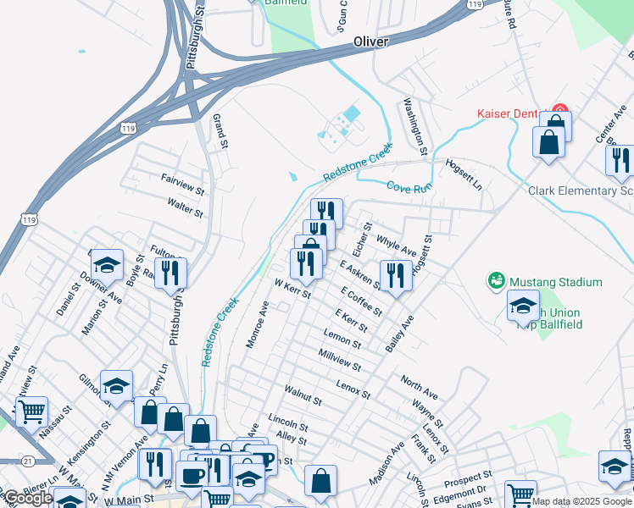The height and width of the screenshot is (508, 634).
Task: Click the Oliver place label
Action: [x=370, y=41]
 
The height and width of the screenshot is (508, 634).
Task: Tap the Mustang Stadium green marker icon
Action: [x=496, y=280]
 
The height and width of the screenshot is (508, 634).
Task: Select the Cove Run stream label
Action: [x=409, y=187]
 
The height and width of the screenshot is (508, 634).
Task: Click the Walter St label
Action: [x=185, y=208]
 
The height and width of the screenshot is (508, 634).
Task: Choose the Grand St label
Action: [x=220, y=128]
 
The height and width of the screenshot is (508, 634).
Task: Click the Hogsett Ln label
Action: [x=464, y=172]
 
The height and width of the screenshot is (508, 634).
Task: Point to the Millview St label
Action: [x=340, y=360]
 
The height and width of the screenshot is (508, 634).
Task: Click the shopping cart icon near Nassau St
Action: [x=31, y=412]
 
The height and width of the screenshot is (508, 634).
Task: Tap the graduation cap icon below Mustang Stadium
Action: [x=523, y=304]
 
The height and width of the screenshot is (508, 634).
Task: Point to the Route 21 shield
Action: [x=29, y=461]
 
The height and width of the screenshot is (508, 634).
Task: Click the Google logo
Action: [x=27, y=498]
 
